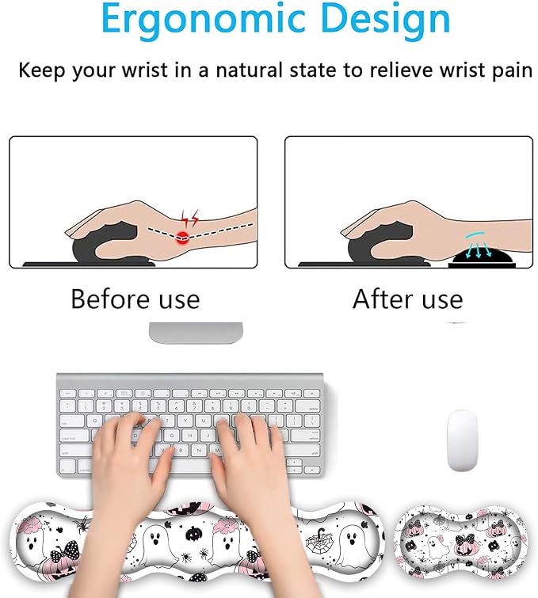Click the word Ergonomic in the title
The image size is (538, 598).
point(204,19)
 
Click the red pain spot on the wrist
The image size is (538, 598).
point(183,238)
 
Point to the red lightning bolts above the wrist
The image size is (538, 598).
point(189,218)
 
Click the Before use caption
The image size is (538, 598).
point(135,299)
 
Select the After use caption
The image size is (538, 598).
point(407,299)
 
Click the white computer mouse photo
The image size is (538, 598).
point(462,440)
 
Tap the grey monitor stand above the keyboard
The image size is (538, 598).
point(196,333)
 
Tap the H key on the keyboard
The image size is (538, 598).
point(190,435)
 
